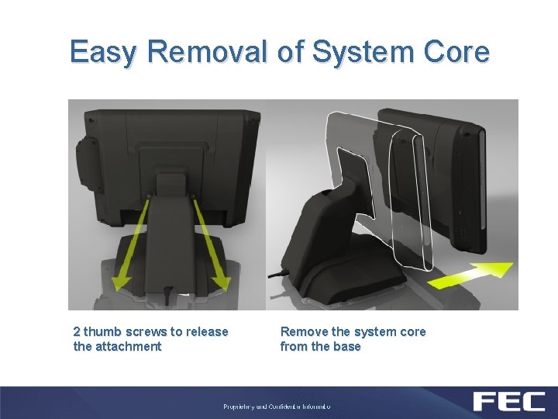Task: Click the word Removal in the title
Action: pos(204,52)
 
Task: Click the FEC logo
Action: pos(508,402)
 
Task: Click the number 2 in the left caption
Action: pos(77,332)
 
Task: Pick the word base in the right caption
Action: pos(346,347)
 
